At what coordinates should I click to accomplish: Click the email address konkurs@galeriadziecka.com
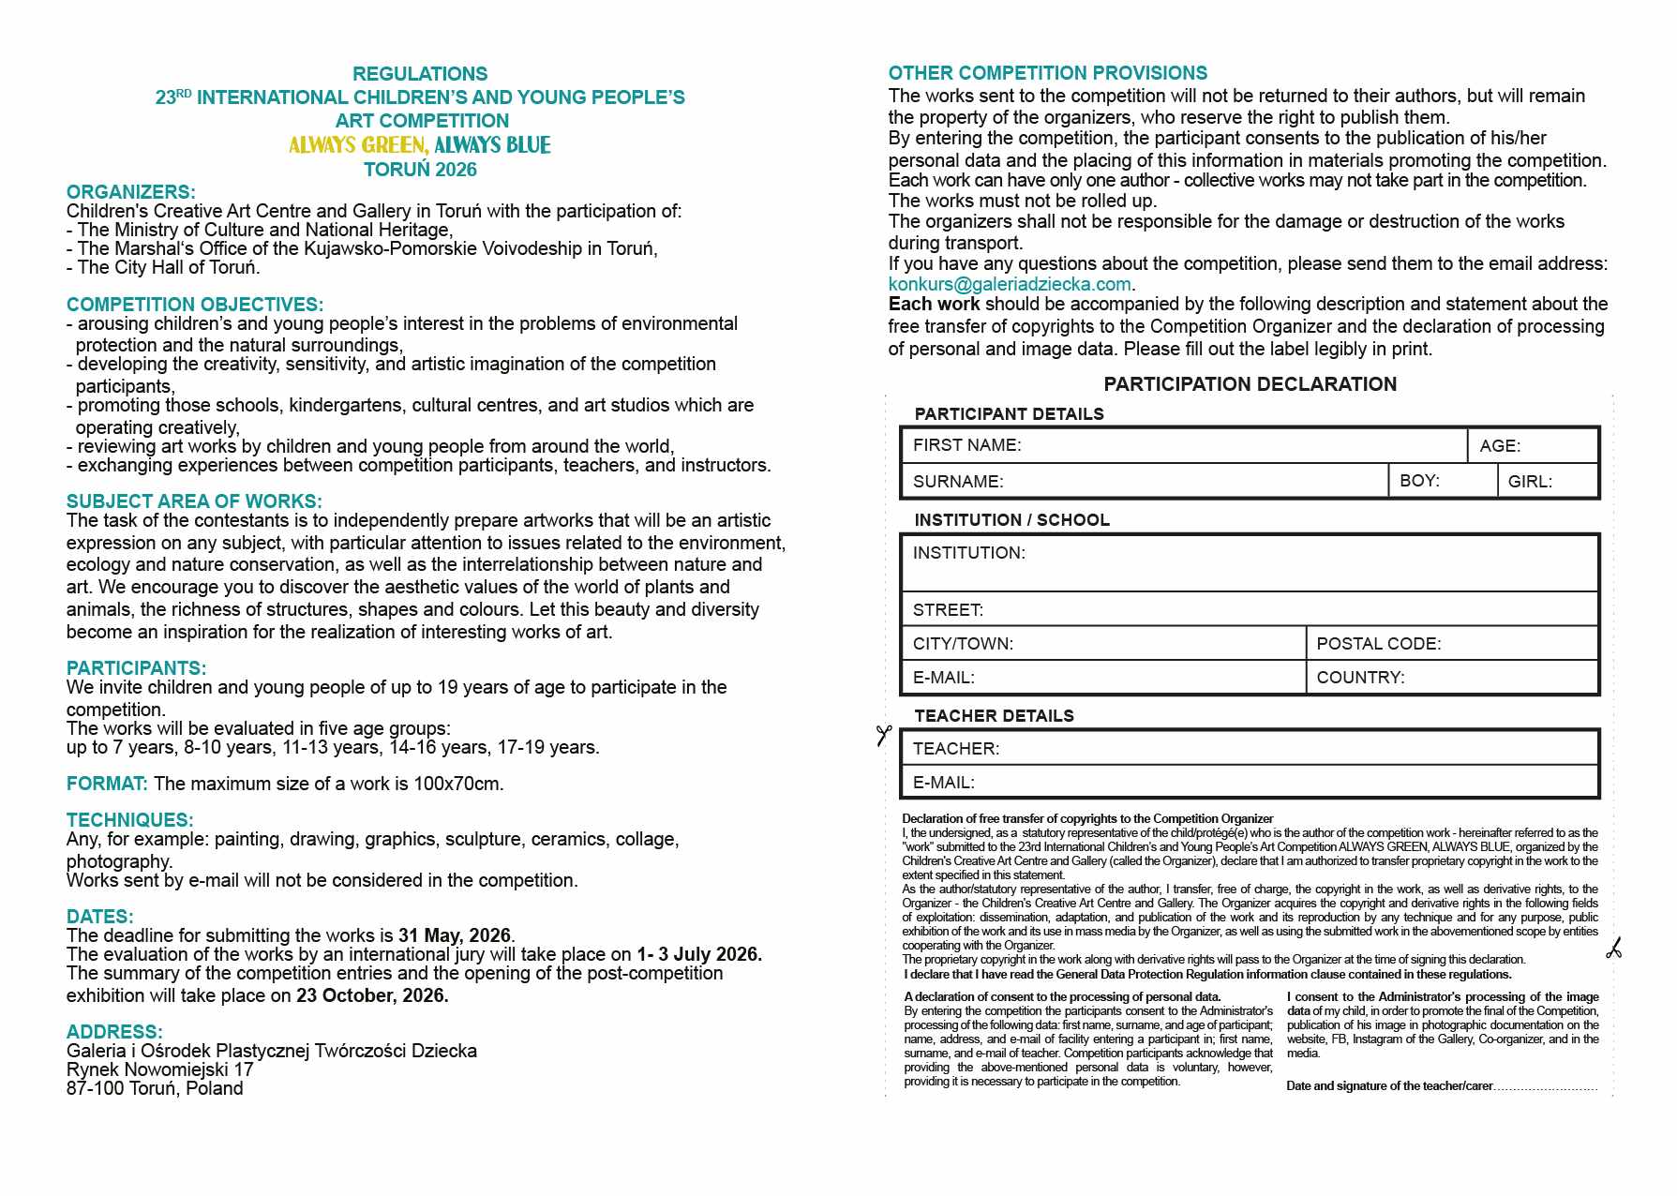pos(1010,284)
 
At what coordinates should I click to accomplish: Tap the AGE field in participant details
pos(1533,446)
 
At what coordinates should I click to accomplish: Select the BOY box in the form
pos(1442,481)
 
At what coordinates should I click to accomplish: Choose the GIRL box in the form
pos(1548,482)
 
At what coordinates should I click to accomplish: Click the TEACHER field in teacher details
pos(1250,748)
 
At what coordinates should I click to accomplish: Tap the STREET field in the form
pos(1250,610)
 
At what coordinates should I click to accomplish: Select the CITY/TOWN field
pos(1103,644)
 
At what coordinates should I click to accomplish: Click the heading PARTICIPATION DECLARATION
pos(1250,384)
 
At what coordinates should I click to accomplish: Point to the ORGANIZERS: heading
pos(130,192)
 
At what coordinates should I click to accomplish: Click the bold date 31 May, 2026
pos(455,935)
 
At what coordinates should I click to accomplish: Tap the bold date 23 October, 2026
pos(372,995)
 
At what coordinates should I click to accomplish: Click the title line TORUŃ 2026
pos(420,170)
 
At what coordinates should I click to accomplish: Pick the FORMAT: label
pos(107,784)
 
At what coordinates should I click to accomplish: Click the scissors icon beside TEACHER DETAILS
pos(883,736)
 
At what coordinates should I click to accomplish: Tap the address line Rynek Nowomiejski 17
pos(159,1069)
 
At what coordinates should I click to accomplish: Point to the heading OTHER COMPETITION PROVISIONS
pos(1047,73)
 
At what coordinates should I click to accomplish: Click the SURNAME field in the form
pos(1145,482)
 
